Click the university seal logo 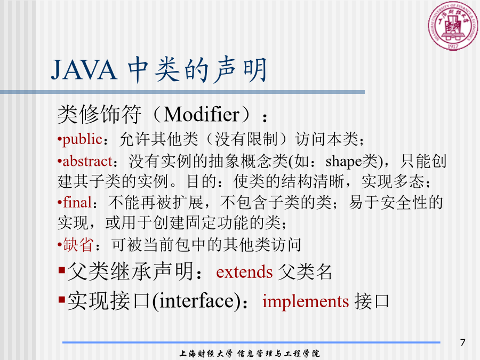[x=453, y=26]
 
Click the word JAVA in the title [x=84, y=70]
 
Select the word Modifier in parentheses [x=202, y=115]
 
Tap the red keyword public [x=82, y=139]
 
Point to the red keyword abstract [x=87, y=161]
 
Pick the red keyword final [x=77, y=202]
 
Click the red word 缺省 [x=78, y=245]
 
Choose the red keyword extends [x=244, y=272]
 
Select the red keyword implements [x=306, y=301]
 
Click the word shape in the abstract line [x=343, y=161]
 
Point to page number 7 [x=462, y=342]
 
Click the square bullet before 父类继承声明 [x=62, y=270]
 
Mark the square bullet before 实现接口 [x=62, y=299]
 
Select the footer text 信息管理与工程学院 [x=278, y=354]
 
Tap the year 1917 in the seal [x=453, y=46]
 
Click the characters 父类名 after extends [x=305, y=272]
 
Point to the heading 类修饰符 [x=100, y=115]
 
